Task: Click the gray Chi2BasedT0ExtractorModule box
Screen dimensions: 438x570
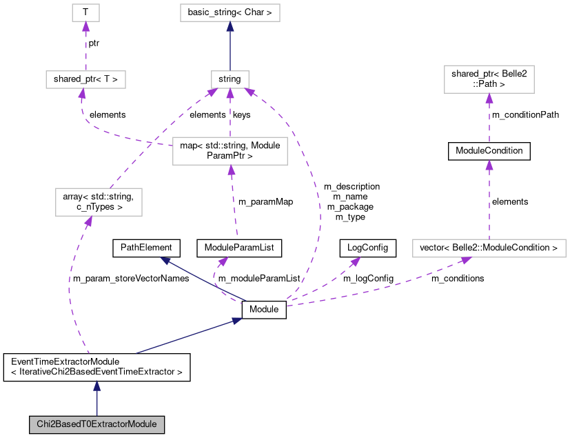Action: [x=96, y=424]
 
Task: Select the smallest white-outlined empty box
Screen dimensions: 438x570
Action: [x=85, y=12]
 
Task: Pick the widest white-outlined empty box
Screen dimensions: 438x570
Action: [x=489, y=248]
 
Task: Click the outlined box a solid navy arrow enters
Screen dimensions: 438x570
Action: [x=230, y=12]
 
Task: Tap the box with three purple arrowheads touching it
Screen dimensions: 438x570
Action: [x=230, y=79]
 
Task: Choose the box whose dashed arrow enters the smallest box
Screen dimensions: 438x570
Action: [x=85, y=79]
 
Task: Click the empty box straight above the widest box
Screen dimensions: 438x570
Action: [x=489, y=79]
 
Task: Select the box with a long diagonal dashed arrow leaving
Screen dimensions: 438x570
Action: [x=99, y=202]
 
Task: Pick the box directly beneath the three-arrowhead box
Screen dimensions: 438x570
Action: [x=230, y=151]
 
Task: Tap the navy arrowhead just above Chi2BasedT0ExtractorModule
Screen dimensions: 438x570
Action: [x=96, y=385]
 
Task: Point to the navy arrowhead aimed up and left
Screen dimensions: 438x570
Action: [x=165, y=260]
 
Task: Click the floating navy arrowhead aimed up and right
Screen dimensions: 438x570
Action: [x=237, y=320]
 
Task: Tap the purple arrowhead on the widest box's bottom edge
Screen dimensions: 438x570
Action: [x=466, y=260]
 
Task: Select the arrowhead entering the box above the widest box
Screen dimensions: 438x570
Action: [x=489, y=98]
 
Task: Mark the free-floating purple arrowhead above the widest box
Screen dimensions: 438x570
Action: [x=489, y=165]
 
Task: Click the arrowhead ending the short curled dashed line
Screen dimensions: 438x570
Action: [x=223, y=261]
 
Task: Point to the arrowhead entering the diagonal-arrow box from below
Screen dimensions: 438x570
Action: [x=88, y=221]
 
